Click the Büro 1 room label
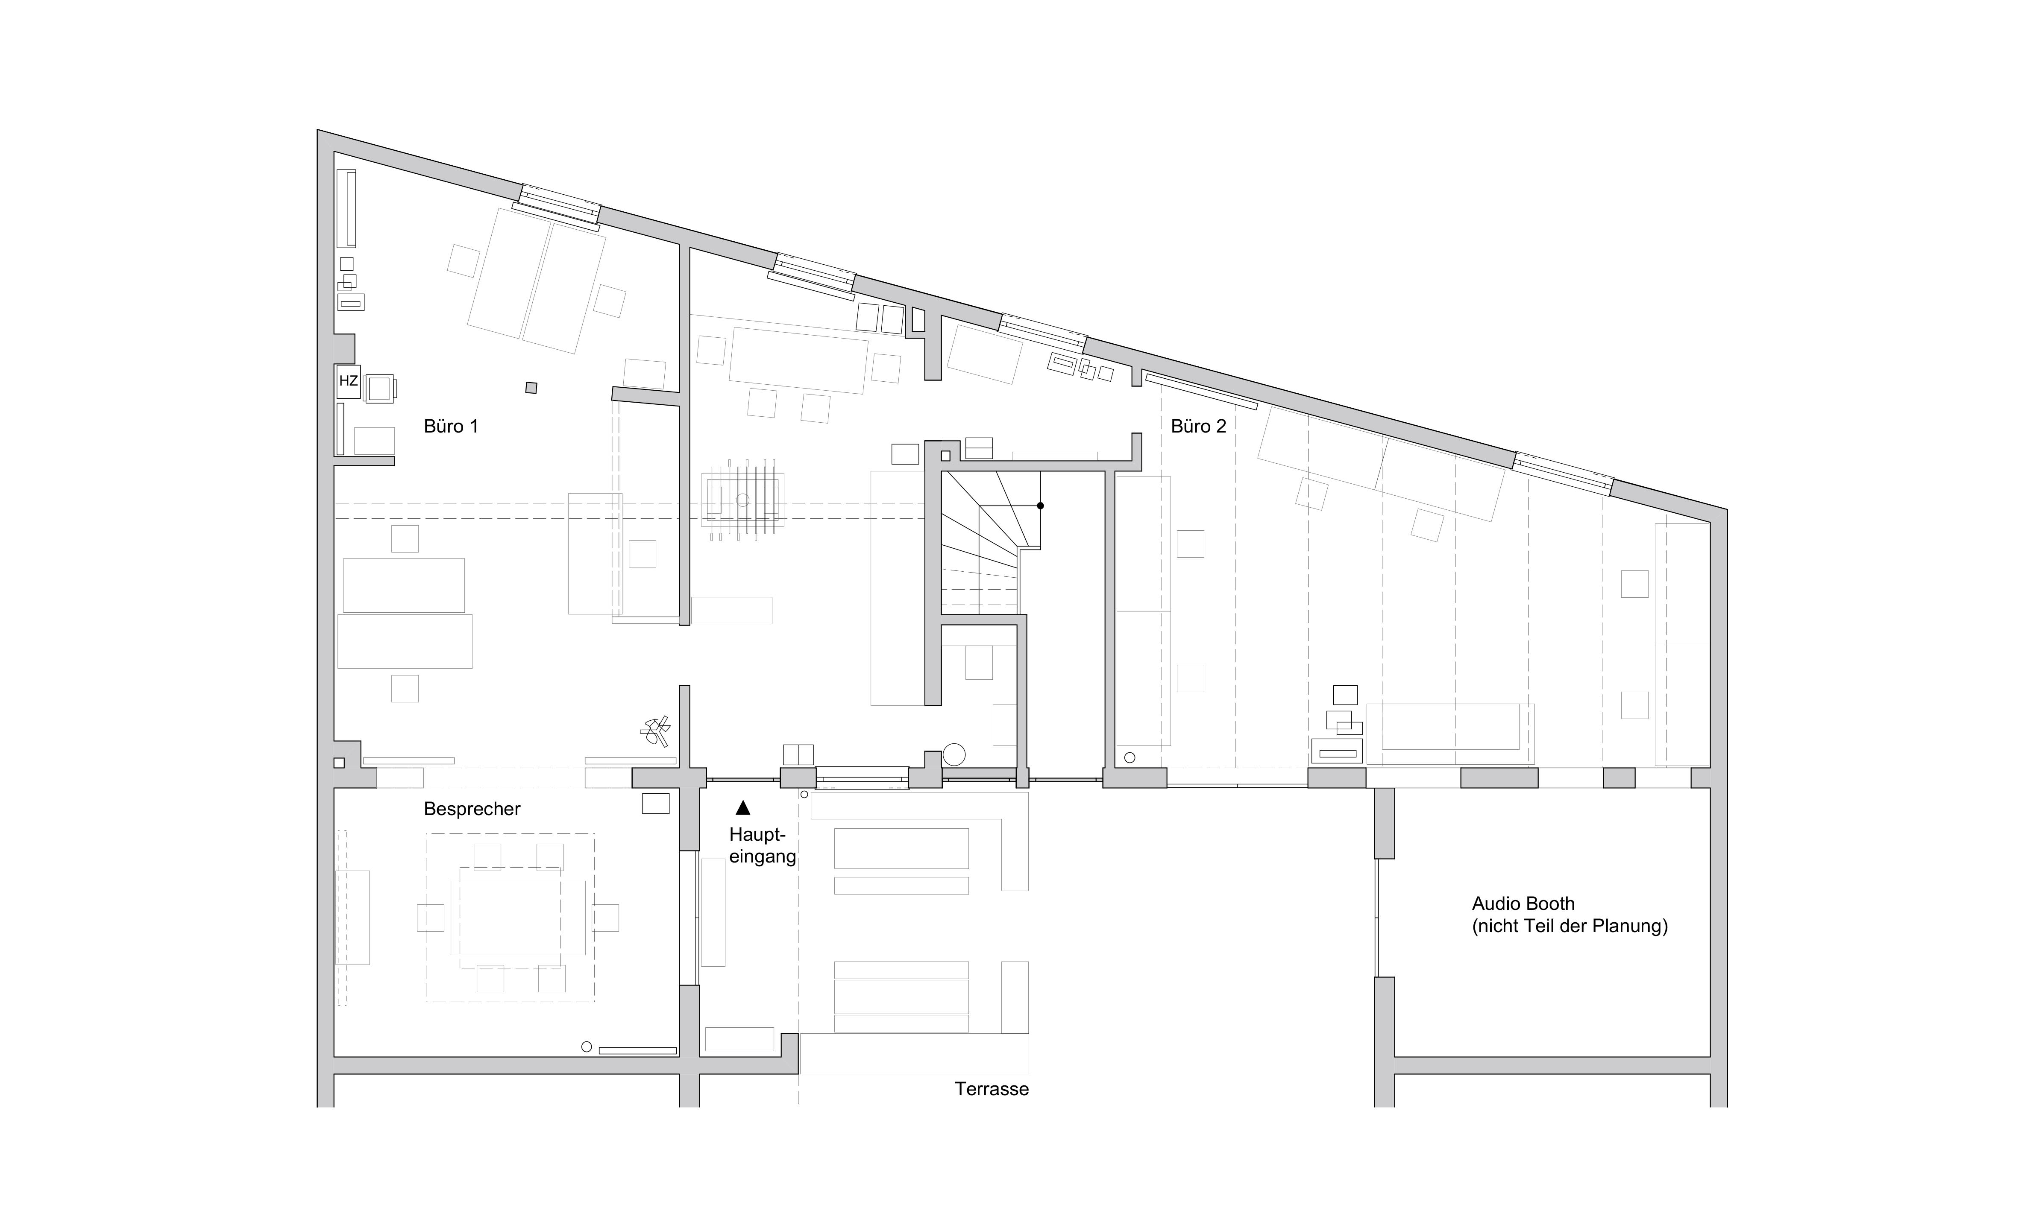[x=451, y=427]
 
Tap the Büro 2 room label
[x=1199, y=427]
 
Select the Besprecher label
[x=472, y=810]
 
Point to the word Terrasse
[x=992, y=1090]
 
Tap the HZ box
[x=349, y=381]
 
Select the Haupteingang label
[x=763, y=846]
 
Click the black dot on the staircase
[x=1040, y=506]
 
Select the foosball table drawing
[x=743, y=500]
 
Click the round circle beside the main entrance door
[x=954, y=754]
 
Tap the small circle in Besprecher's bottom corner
[x=587, y=1047]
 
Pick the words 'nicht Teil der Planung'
[x=1570, y=927]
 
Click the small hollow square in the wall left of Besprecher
[x=338, y=763]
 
